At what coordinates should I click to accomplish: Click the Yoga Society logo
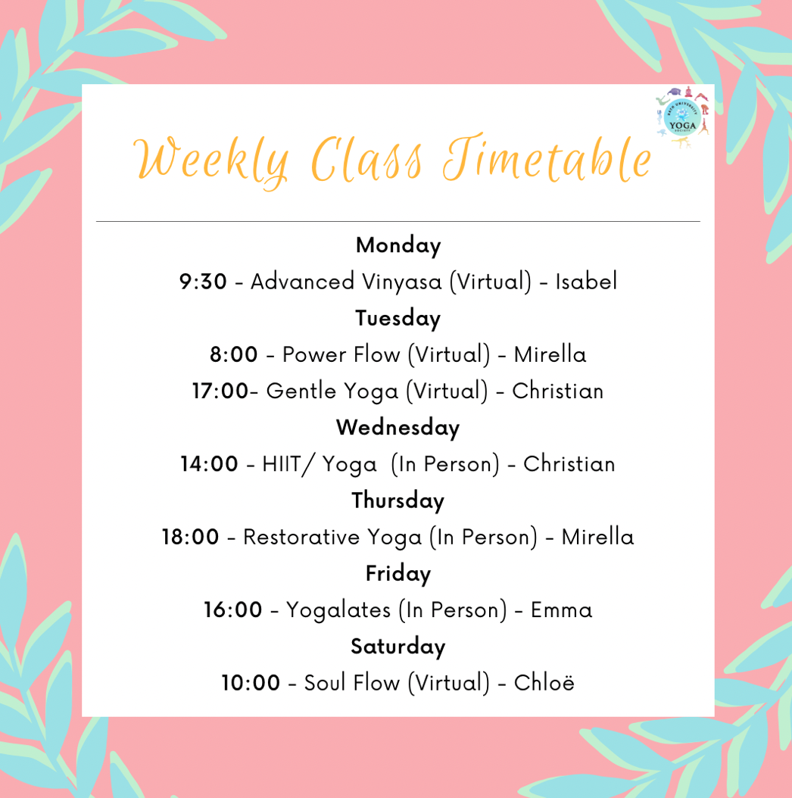pos(682,117)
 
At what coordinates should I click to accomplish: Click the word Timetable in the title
pos(547,157)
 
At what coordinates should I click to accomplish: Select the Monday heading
pos(398,246)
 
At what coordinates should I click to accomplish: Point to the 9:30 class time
pos(203,282)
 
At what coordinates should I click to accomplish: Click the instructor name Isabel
pos(586,282)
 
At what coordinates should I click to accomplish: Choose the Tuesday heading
pos(398,319)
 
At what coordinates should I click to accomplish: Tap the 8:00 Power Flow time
pos(234,354)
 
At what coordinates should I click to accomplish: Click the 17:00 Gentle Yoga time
pos(220,391)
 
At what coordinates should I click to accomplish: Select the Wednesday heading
pos(398,428)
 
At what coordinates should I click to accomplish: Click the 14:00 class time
pos(209,464)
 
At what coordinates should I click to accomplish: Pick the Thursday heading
pos(398,500)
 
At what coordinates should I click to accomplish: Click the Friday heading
pos(398,574)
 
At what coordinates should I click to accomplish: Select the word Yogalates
pos(338,611)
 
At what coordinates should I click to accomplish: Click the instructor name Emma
pos(561,610)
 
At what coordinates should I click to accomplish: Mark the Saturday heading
pos(398,647)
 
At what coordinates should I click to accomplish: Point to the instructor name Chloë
pos(544,683)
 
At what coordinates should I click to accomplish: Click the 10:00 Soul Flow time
pos(251,683)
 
